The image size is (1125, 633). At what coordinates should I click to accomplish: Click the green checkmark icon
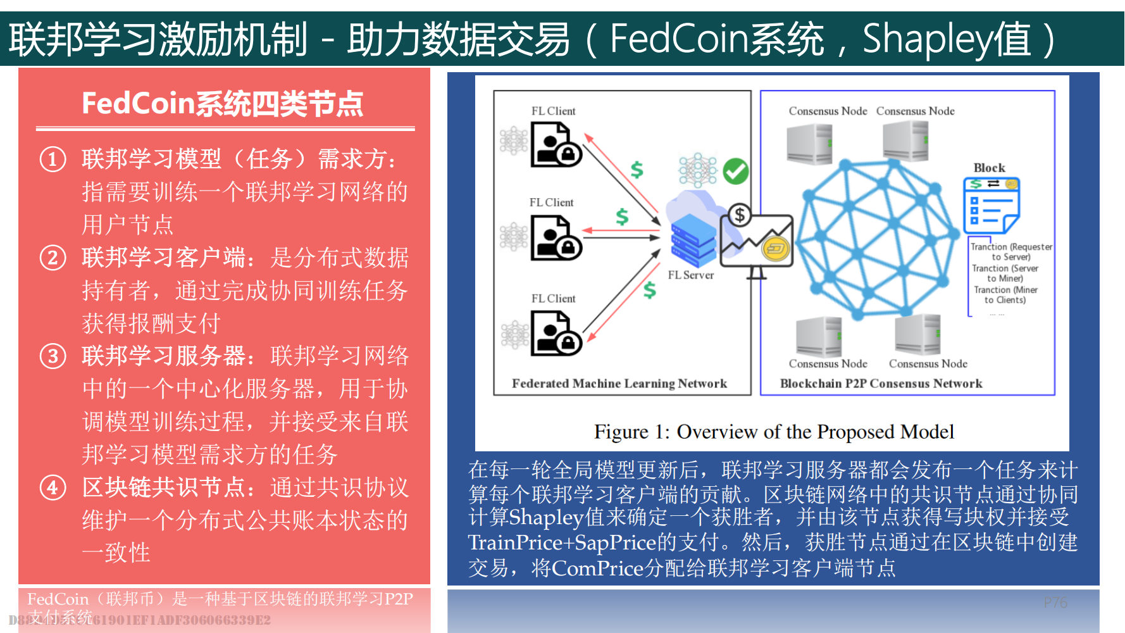(x=735, y=171)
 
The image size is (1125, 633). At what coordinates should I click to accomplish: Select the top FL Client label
(x=553, y=111)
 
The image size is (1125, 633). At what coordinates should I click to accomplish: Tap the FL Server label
(x=690, y=275)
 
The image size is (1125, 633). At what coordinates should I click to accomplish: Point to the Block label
(x=989, y=168)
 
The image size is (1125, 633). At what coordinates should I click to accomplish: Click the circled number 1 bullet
(x=53, y=160)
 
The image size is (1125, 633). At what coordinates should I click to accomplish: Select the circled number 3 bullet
(x=53, y=356)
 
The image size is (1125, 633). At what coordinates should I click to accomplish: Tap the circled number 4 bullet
(x=53, y=488)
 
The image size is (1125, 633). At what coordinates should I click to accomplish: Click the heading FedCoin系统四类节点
(x=223, y=104)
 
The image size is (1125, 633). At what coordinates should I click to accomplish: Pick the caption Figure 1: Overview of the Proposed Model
(x=773, y=432)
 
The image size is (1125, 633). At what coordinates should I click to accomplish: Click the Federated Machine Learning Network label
(x=619, y=384)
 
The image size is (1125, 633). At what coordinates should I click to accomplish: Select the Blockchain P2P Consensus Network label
(x=881, y=384)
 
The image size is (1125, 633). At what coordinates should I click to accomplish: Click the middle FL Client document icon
(x=555, y=238)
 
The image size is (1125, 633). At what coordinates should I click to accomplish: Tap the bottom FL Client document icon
(x=555, y=334)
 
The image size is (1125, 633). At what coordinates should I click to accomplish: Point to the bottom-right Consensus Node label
(x=928, y=364)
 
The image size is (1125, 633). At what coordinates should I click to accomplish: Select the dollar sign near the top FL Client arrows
(x=637, y=169)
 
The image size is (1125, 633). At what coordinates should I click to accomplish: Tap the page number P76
(x=1055, y=603)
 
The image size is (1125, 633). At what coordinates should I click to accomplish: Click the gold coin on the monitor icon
(x=776, y=249)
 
